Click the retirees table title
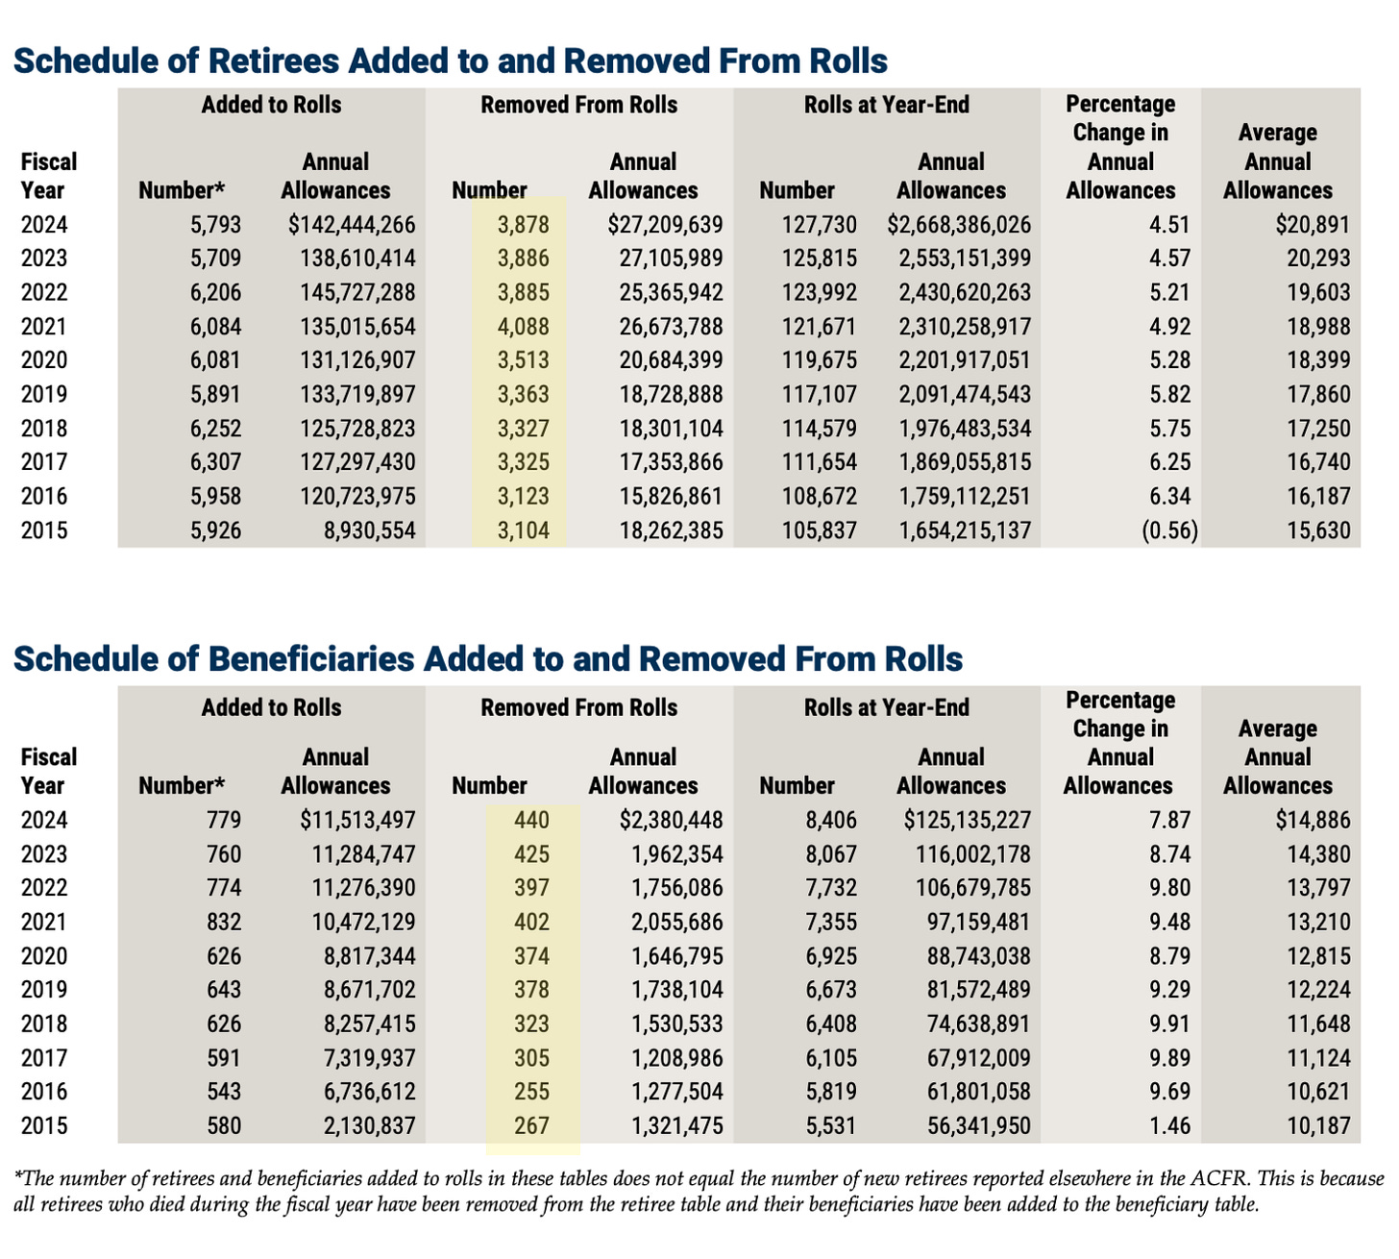tap(450, 61)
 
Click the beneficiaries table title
tap(487, 659)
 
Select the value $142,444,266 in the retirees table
tap(352, 225)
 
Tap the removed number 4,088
tap(524, 327)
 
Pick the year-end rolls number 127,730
tap(820, 225)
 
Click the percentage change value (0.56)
tap(1169, 531)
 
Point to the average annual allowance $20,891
tap(1313, 225)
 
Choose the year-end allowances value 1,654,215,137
tap(965, 531)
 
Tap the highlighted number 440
tap(531, 821)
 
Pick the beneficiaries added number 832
tap(224, 923)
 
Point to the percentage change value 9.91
tap(1169, 1024)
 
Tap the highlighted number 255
tap(531, 1093)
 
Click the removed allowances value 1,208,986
tap(677, 1059)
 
